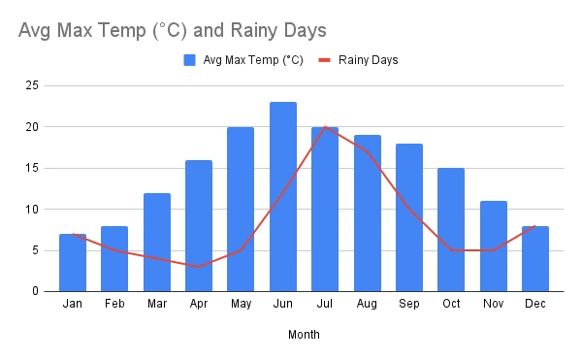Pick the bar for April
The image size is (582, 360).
(x=199, y=225)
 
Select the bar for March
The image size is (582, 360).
(x=157, y=242)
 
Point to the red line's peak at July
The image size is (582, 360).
(x=325, y=127)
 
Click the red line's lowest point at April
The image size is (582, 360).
(x=199, y=266)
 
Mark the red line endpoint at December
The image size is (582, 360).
(x=535, y=225)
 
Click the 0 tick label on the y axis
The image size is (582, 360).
(x=35, y=291)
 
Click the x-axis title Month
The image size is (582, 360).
(x=304, y=335)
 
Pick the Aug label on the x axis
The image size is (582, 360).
(x=368, y=305)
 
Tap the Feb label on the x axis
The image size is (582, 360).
(x=114, y=305)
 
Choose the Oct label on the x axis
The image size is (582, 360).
(x=451, y=305)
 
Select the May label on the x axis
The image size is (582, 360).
(x=241, y=305)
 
